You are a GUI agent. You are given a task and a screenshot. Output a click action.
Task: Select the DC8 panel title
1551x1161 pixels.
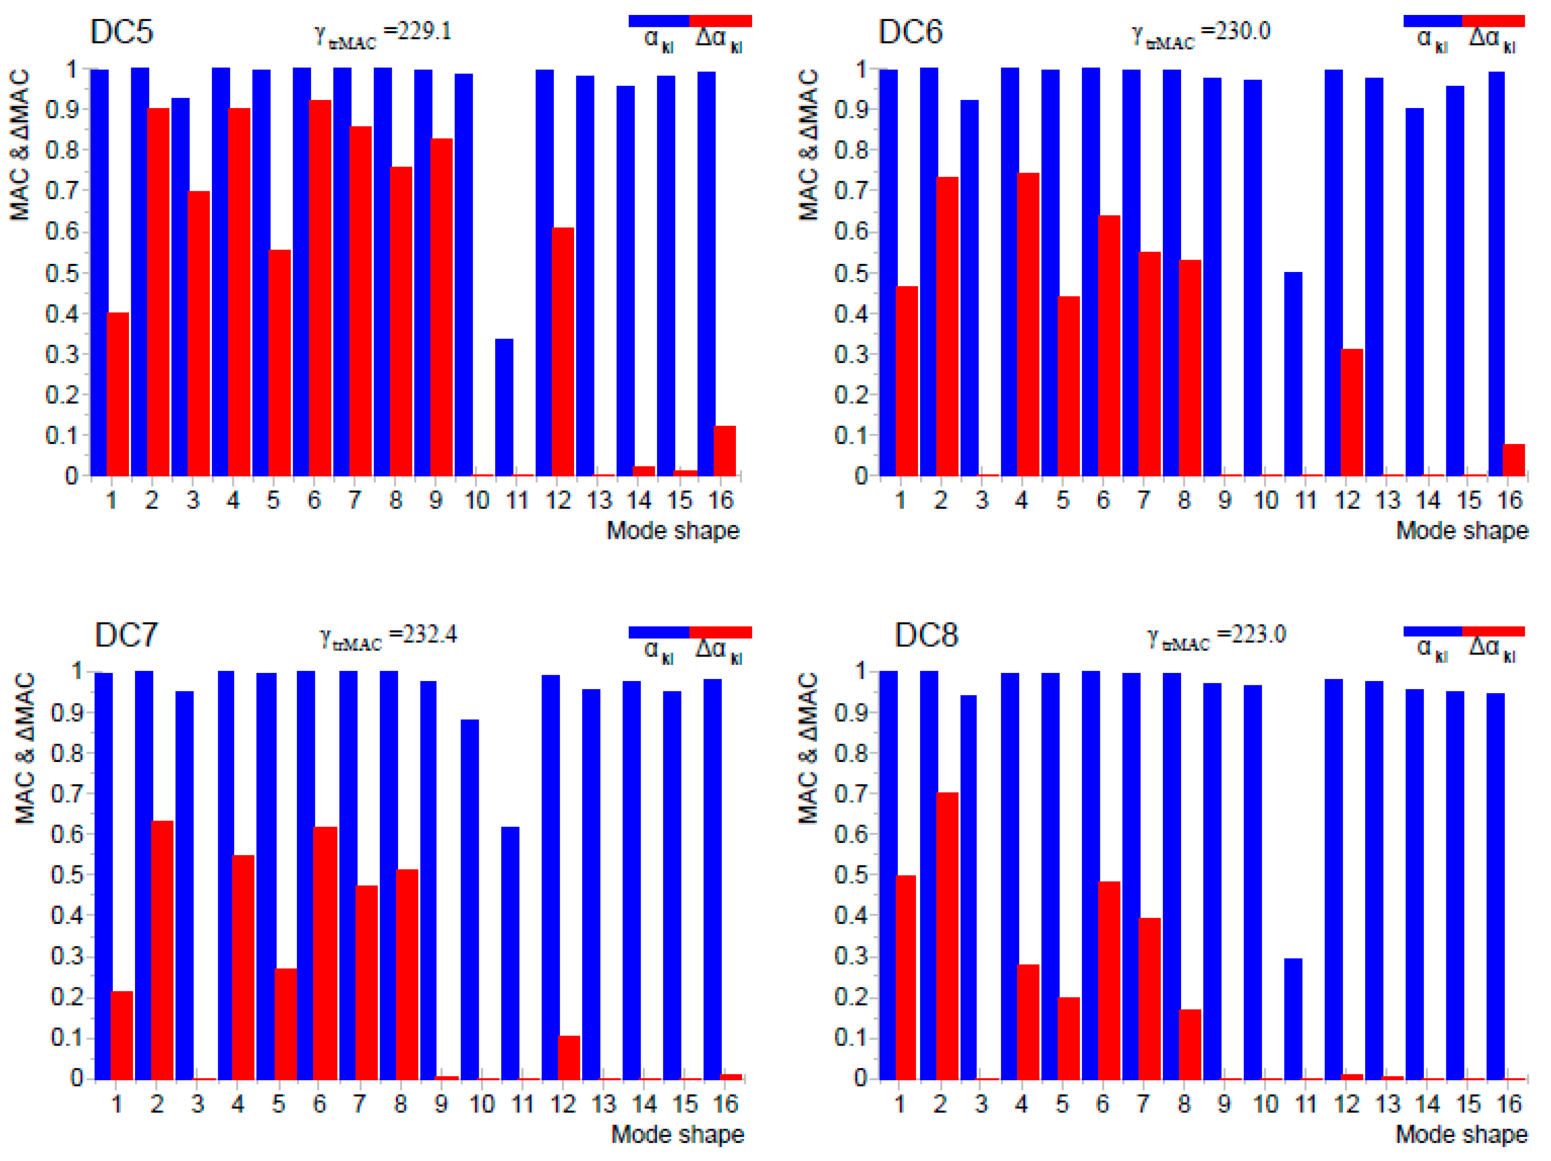(x=926, y=635)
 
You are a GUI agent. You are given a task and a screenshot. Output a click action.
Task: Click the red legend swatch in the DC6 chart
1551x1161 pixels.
(x=1493, y=21)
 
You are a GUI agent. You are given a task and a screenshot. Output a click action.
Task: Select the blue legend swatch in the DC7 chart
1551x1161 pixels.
(x=658, y=632)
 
